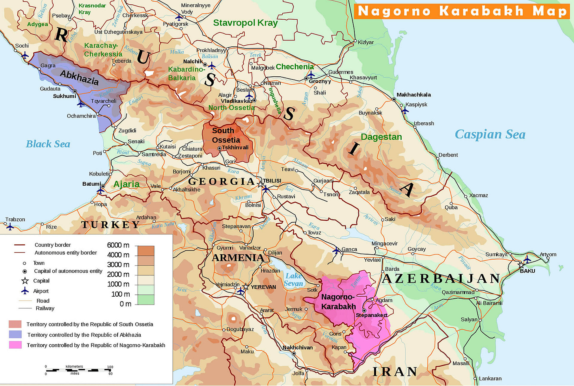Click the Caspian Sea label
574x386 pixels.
click(x=490, y=135)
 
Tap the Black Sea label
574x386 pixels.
click(x=48, y=144)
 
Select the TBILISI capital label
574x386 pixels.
click(x=272, y=181)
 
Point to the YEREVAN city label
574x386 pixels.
click(x=263, y=287)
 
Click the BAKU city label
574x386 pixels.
click(x=527, y=271)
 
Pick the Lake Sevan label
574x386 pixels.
click(x=294, y=279)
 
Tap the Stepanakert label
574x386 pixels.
click(x=371, y=315)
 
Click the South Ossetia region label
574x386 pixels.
click(x=225, y=135)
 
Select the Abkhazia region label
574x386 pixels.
click(x=79, y=78)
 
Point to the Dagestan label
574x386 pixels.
click(x=381, y=137)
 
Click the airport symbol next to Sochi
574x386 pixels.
click(x=25, y=55)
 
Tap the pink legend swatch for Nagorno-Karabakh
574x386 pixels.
click(x=15, y=345)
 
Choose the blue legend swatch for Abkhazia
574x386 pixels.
click(x=15, y=334)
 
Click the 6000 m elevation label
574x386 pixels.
click(x=118, y=245)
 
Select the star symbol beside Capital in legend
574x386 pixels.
click(x=25, y=281)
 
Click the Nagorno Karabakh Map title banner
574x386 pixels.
click(x=462, y=11)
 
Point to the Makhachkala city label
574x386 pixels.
click(x=414, y=95)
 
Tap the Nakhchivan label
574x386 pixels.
click(x=298, y=347)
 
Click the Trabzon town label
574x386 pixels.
click(x=15, y=220)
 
